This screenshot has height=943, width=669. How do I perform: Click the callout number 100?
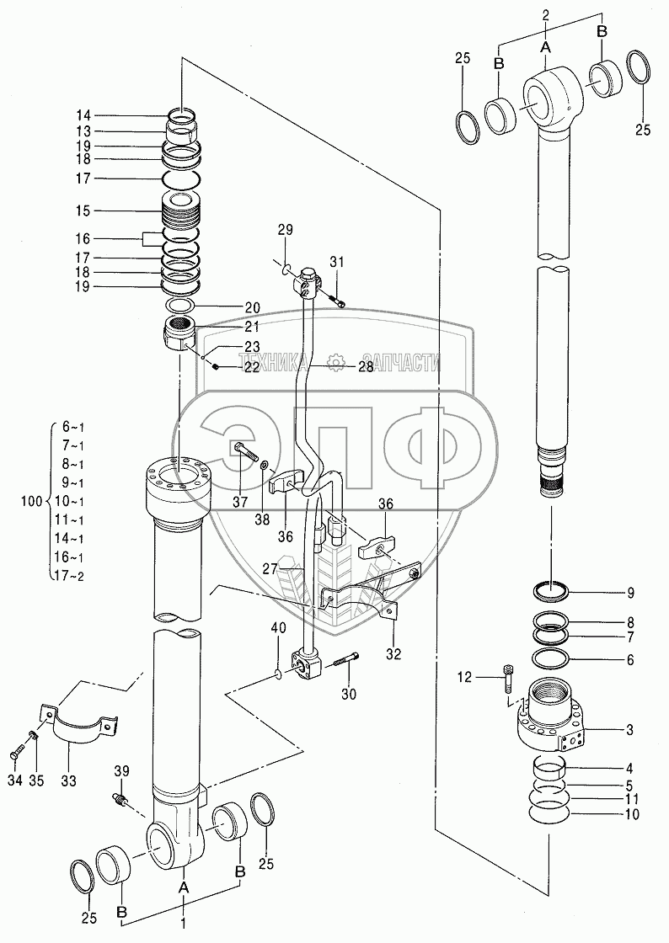tap(32, 501)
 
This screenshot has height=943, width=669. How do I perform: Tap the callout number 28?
tap(366, 366)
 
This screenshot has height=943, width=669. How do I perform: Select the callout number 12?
tap(465, 678)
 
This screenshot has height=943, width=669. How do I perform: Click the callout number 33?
tap(68, 781)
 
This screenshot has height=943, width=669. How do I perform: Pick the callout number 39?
tap(122, 771)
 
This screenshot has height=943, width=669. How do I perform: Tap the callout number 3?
tap(630, 730)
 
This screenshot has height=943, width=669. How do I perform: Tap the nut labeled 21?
tap(179, 333)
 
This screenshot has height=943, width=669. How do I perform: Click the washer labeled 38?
tap(265, 466)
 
